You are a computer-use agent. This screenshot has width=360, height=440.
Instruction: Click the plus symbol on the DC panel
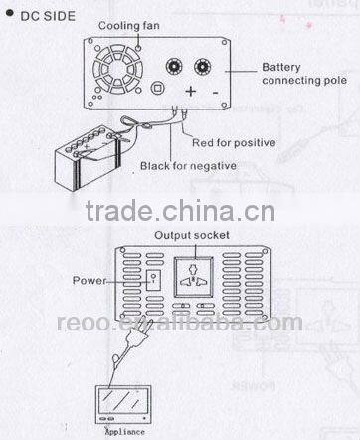pyautogui.click(x=189, y=94)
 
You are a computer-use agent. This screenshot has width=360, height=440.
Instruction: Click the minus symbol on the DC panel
pyautogui.click(x=216, y=94)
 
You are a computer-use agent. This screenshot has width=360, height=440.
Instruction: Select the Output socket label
pyautogui.click(x=190, y=235)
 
